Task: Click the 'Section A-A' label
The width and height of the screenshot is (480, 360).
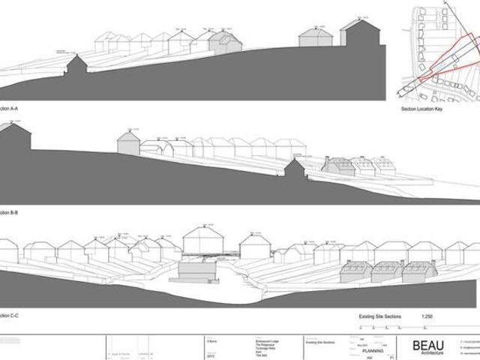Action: [9, 109]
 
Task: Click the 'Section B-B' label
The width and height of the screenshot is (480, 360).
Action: [9, 213]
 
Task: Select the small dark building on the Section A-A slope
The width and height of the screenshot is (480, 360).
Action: [76, 66]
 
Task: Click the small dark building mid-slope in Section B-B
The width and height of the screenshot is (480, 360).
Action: [295, 169]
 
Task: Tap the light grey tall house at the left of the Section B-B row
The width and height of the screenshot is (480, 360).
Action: [128, 143]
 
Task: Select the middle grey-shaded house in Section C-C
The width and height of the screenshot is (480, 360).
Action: [388, 271]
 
